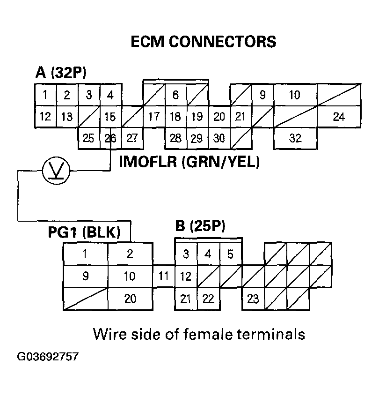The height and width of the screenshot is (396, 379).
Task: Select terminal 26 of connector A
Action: coord(110,138)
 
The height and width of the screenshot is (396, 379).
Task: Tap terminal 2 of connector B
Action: coord(130,254)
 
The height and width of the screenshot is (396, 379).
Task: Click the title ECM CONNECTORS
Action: coord(203,42)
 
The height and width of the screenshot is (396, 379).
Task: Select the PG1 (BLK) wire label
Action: coord(84,232)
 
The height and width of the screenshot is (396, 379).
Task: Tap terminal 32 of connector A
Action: coord(296,138)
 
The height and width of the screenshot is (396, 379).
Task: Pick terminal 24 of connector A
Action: coord(339,116)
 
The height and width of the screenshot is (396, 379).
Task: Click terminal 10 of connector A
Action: coord(295,95)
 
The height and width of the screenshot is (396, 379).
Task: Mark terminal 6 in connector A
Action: coord(175,95)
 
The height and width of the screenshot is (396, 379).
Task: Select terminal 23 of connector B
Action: coord(253,299)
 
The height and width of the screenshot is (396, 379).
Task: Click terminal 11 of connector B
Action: coord(163,276)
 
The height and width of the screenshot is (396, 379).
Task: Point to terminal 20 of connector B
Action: coord(130,299)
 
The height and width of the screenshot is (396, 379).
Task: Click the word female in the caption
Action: coord(213,334)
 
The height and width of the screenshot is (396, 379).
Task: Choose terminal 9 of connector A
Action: coord(262,95)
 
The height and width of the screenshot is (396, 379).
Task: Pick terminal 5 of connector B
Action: coord(230,254)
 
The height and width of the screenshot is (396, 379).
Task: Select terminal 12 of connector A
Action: coord(45,116)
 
